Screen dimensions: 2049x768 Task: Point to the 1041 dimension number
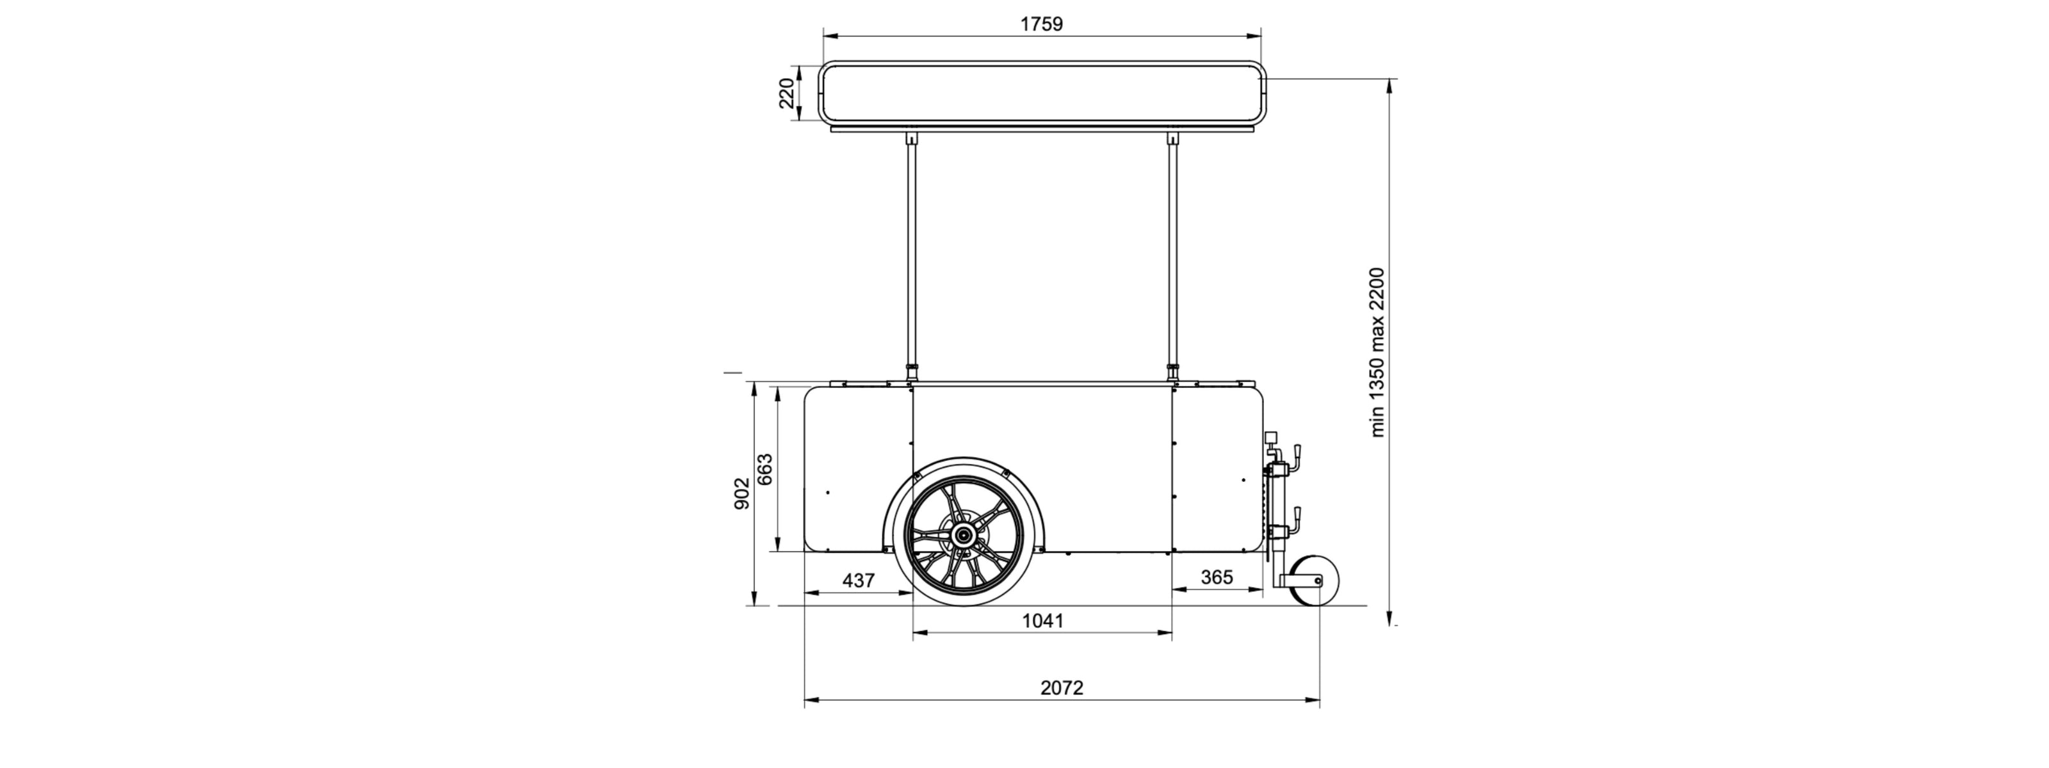pos(1042,620)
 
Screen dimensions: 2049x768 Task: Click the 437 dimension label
pos(858,580)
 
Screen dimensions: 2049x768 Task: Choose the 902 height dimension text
pos(741,493)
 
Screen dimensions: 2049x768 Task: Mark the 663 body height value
pos(764,469)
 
